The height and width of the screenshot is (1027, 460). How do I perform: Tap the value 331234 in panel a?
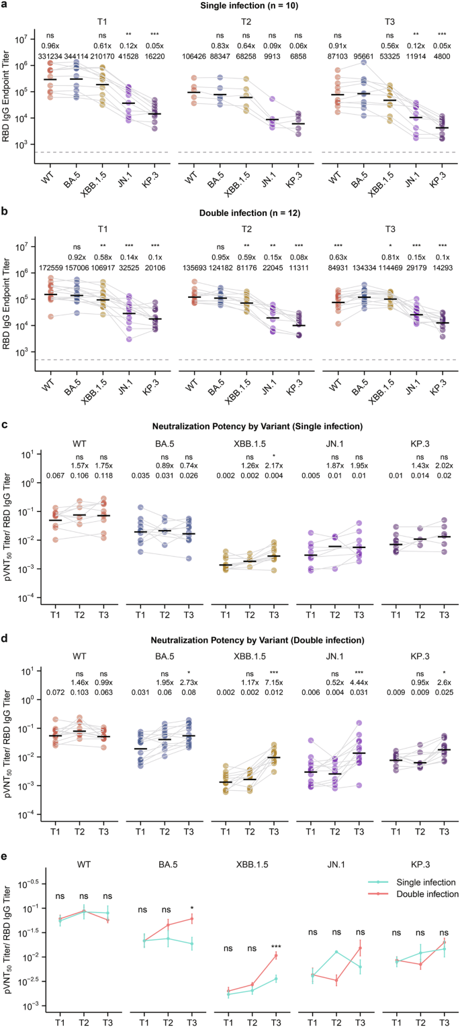click(50, 56)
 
